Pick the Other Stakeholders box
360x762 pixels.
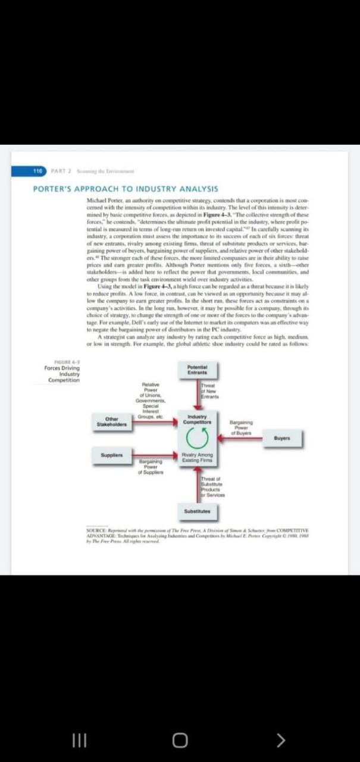108,423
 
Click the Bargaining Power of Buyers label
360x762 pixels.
241,427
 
